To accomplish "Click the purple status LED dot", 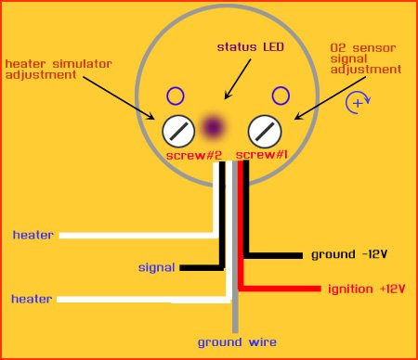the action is click(x=213, y=127).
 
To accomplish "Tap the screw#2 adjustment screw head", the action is click(x=178, y=131).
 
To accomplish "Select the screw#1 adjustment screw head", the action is click(x=265, y=131).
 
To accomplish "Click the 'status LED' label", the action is click(x=251, y=47).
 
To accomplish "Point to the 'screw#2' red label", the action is click(x=194, y=155).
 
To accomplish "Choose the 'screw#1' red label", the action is click(x=262, y=154).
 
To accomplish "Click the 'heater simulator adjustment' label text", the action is click(x=59, y=70).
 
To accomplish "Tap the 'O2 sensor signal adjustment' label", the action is click(x=366, y=58).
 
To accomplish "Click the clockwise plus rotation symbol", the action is click(x=358, y=103).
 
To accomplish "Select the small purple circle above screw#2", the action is click(x=176, y=96).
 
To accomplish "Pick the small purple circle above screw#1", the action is click(x=281, y=96).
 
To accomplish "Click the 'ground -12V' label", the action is click(x=349, y=254).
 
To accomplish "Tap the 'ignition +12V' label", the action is click(x=367, y=289).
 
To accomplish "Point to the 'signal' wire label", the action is click(x=157, y=267).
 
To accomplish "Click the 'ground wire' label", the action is click(x=237, y=342).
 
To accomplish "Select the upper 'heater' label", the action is click(x=33, y=235).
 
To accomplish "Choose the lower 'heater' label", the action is click(x=32, y=299).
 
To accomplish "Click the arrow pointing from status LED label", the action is click(x=238, y=79).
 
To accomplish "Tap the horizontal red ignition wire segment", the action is click(x=280, y=289).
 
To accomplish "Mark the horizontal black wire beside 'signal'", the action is click(x=202, y=268).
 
